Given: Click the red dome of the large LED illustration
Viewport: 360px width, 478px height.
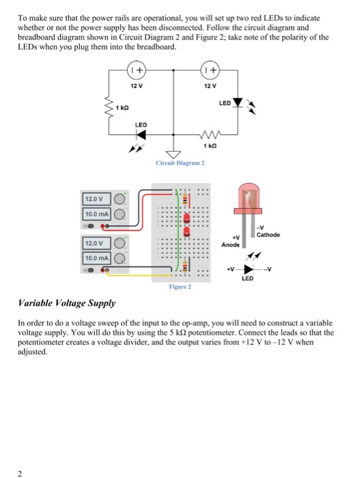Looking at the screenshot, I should coord(252,194).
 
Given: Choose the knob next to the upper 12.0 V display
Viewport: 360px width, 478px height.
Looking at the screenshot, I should coord(119,199).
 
